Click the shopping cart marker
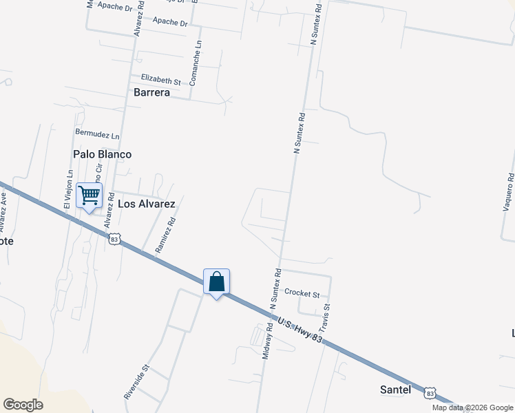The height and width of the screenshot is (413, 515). pyautogui.click(x=89, y=196)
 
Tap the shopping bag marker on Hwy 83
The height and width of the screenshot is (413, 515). pyautogui.click(x=216, y=282)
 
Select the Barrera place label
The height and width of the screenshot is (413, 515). pyautogui.click(x=151, y=92)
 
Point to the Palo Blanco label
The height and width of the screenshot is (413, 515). pyautogui.click(x=102, y=154)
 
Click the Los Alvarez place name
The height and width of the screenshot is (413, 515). pyautogui.click(x=147, y=204)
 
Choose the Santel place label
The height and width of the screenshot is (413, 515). pyautogui.click(x=395, y=390)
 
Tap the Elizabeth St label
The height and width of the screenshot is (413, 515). pyautogui.click(x=160, y=80)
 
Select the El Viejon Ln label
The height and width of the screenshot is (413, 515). pyautogui.click(x=67, y=189)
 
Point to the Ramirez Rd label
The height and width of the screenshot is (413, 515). pyautogui.click(x=166, y=235)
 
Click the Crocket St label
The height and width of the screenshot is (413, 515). pyautogui.click(x=302, y=294)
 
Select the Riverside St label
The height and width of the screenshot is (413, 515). pyautogui.click(x=136, y=382)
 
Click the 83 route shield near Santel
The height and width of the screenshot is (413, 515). pyautogui.click(x=430, y=392)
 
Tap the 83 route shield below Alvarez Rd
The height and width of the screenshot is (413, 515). pyautogui.click(x=114, y=238)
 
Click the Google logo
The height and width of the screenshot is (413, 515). pyautogui.click(x=23, y=405)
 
